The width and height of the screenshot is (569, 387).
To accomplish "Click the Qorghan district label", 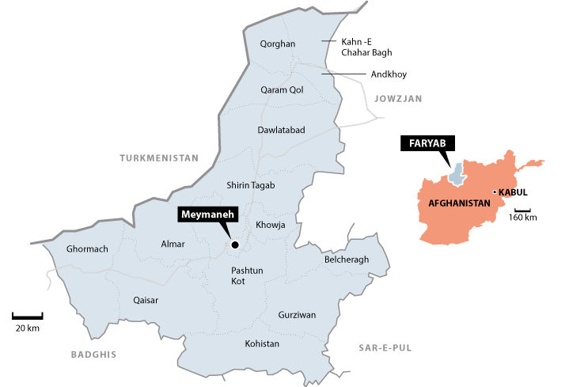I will [277, 44].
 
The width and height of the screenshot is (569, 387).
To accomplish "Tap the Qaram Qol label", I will [282, 89].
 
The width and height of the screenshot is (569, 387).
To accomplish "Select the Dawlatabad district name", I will [281, 129].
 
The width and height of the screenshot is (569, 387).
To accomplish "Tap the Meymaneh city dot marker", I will [234, 245].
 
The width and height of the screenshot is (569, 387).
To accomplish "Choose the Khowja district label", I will [271, 226].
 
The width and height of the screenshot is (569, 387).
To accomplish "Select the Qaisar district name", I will [146, 300].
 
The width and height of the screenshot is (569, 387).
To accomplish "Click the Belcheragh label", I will [347, 260].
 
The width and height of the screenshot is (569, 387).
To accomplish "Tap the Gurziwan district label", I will [297, 315].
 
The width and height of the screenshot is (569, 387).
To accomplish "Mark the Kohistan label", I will [262, 343].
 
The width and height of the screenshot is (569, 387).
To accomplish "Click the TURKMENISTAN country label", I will [158, 157].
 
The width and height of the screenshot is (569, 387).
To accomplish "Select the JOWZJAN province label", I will [399, 99].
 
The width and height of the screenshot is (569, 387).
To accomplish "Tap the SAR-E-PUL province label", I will [386, 347].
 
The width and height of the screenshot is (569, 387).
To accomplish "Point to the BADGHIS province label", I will [93, 354].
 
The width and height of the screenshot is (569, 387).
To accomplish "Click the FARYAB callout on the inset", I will [428, 143].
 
